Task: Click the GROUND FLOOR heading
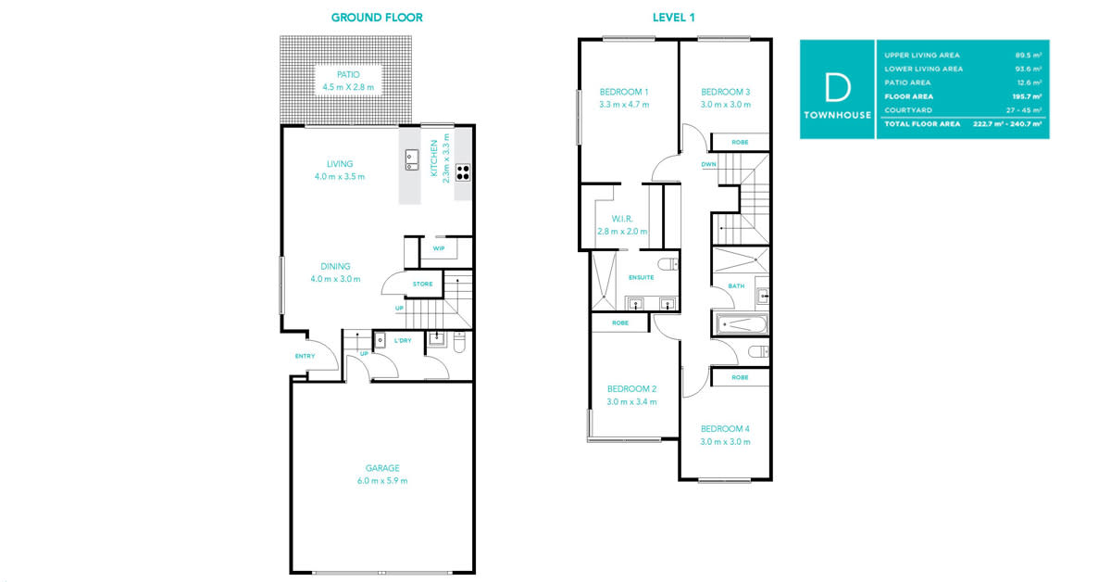tap(377, 18)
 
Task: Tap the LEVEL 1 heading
tap(674, 18)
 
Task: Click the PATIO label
tap(348, 74)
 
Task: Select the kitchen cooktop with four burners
tap(463, 172)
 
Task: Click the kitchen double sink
tap(412, 160)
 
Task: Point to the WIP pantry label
tap(439, 248)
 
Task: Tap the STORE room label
tap(422, 284)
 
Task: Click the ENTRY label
tap(305, 356)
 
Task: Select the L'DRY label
tap(403, 341)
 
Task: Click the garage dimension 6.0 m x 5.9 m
tap(382, 481)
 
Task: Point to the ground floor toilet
tap(459, 343)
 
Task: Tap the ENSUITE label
tap(642, 278)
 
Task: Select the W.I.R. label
tap(622, 219)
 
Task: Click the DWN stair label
tap(709, 164)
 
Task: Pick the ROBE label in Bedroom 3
tap(740, 143)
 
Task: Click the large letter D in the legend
tap(837, 87)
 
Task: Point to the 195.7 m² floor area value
tap(1027, 96)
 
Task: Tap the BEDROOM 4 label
tap(725, 428)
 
